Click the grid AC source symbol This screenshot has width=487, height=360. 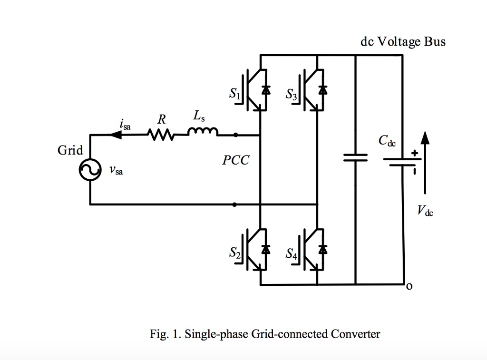90,170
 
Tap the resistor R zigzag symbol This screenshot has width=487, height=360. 161,135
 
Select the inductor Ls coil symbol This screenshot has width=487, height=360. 203,132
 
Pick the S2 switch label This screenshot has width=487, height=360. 235,253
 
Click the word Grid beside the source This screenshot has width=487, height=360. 70,150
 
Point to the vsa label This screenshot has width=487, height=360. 116,170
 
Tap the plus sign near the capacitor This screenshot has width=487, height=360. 415,153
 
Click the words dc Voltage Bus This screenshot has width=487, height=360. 403,42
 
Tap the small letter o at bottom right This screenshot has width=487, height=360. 409,287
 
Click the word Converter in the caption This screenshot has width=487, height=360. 355,334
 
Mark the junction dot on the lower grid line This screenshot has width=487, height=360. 234,204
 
